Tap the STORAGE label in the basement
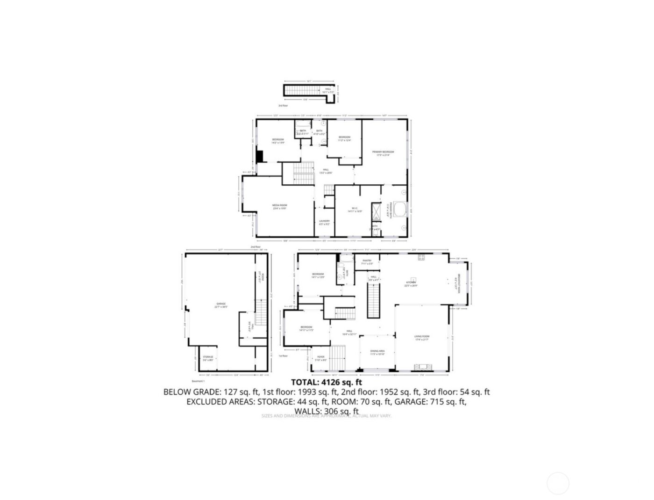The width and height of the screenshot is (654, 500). (x=208, y=357)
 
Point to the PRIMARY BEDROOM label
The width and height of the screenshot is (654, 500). (x=383, y=152)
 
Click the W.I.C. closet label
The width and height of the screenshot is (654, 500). (x=355, y=209)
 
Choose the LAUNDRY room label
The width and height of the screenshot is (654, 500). (x=325, y=222)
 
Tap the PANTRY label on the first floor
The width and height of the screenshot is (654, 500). (x=367, y=261)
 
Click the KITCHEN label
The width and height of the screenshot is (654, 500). (x=411, y=283)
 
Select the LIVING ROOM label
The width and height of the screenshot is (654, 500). (x=421, y=336)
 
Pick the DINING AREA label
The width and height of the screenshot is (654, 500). (x=377, y=351)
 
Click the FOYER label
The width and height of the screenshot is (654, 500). (x=321, y=357)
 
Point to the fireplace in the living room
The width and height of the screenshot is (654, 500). (x=424, y=367)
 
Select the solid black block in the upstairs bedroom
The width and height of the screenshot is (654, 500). (x=260, y=156)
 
